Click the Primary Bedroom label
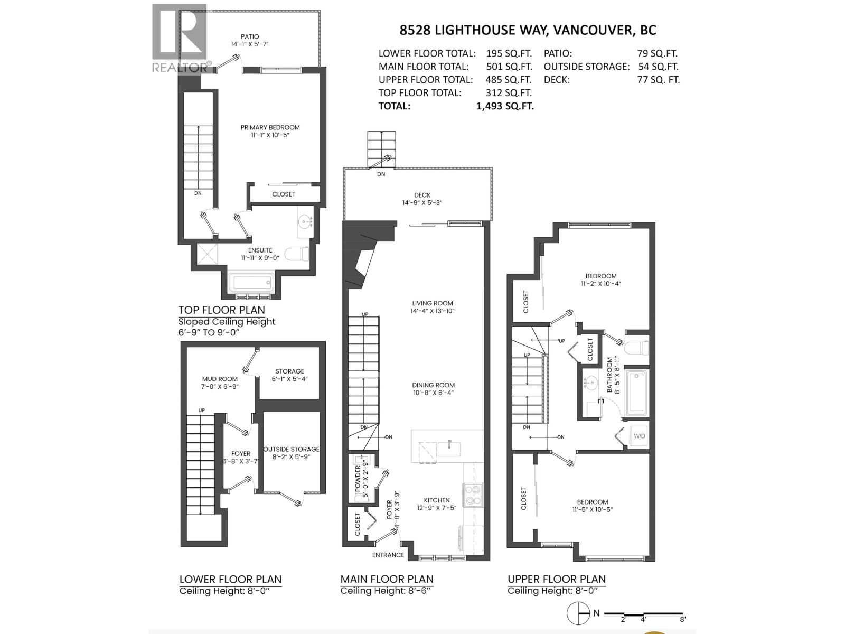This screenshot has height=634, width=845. (270, 127)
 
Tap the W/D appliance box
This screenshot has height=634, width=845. (639, 436)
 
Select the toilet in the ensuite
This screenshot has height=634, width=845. (297, 254)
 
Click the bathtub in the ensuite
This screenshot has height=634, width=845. (250, 283)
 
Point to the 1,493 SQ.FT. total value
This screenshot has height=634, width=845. (505, 106)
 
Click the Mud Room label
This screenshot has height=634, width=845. (220, 379)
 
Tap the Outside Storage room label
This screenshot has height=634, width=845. (291, 450)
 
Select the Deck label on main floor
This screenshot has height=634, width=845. (422, 195)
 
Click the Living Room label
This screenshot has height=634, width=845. (433, 303)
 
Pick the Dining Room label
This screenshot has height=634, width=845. (433, 385)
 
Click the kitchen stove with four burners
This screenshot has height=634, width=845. (472, 495)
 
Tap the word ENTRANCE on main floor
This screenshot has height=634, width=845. (388, 555)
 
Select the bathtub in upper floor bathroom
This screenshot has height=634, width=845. (636, 391)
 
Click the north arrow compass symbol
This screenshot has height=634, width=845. (578, 613)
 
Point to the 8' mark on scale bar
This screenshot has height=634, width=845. (683, 619)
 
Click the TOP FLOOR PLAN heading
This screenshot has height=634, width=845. (221, 310)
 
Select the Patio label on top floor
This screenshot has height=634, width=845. (250, 36)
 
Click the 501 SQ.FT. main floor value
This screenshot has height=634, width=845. (509, 67)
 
